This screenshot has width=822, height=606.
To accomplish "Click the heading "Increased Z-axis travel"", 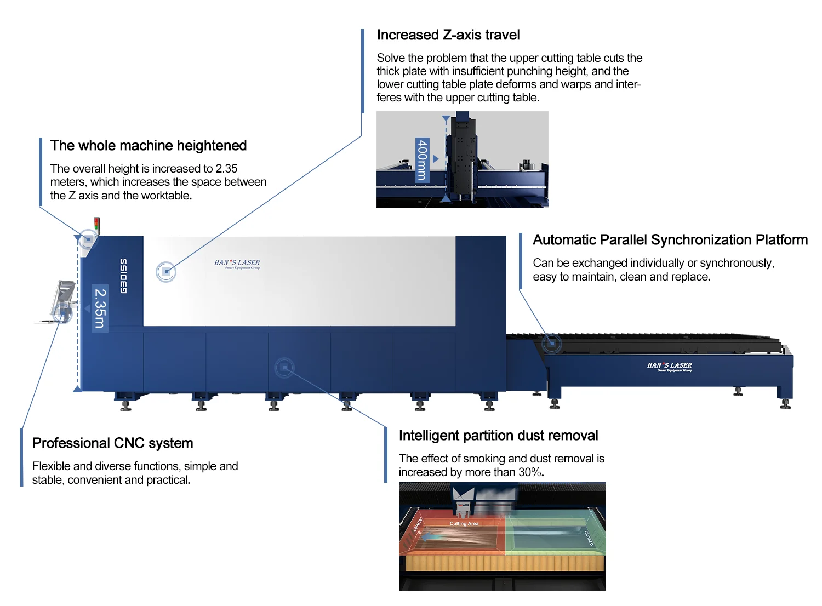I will [448, 35].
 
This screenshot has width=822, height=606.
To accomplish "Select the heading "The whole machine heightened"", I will [148, 146].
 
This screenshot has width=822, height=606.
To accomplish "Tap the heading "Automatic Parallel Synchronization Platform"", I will [670, 240].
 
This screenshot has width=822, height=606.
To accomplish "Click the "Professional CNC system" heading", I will [112, 443].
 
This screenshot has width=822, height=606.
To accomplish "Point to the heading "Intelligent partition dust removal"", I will [498, 436].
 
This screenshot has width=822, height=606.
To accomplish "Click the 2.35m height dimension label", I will [100, 308].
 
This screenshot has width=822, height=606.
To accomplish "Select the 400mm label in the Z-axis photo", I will [422, 160].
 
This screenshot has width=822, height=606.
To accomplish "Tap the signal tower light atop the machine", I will [97, 225].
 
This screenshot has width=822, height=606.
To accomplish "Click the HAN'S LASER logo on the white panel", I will [237, 264].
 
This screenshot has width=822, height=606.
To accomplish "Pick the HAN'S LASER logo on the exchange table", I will [669, 366].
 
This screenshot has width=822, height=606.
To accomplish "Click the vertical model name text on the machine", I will [123, 276].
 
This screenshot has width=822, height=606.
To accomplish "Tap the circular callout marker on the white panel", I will [166, 272].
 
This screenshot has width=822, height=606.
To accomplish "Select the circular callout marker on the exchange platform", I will [552, 344].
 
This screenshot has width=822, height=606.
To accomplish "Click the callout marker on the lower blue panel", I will [284, 368].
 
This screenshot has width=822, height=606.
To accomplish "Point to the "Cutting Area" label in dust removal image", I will [464, 523].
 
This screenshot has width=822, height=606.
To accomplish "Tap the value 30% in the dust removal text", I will [530, 472].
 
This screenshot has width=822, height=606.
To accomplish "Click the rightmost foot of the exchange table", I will [785, 404].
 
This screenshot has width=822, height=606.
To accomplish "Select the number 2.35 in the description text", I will [226, 169].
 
